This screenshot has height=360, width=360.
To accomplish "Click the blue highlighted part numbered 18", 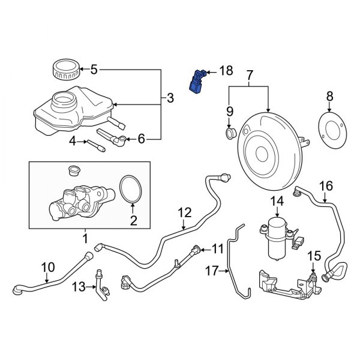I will [x=197, y=81].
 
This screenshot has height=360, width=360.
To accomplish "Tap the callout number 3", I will [x=170, y=98].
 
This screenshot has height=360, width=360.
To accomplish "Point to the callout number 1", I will [x=85, y=239].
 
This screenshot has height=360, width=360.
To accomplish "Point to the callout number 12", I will [x=184, y=212].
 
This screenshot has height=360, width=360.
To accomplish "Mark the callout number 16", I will [x=325, y=185].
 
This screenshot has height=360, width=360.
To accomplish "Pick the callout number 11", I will [x=217, y=248].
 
